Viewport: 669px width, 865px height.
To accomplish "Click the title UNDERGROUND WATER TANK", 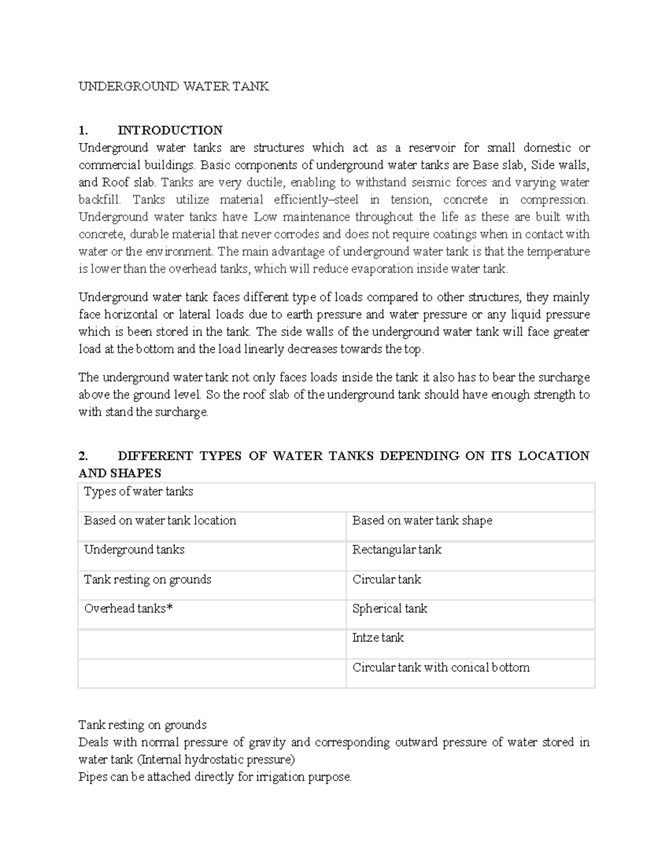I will pyautogui.click(x=173, y=86).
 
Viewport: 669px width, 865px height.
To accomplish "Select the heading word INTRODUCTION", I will pyautogui.click(x=170, y=130).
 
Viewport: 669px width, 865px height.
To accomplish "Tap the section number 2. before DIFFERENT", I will pyautogui.click(x=83, y=456).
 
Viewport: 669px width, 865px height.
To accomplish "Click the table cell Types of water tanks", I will pyautogui.click(x=138, y=491).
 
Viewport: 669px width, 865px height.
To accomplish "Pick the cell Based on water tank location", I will pyautogui.click(x=160, y=521).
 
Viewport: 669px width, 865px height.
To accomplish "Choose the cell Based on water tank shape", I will pyautogui.click(x=422, y=521).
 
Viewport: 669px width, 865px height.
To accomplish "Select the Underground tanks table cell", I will pyautogui.click(x=134, y=550).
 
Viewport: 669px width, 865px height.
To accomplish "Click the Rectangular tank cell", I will pyautogui.click(x=396, y=550).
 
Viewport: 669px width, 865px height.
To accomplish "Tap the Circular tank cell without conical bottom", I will pyautogui.click(x=386, y=579).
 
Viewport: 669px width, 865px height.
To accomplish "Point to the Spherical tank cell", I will pyautogui.click(x=390, y=609).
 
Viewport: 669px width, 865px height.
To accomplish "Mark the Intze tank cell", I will pyautogui.click(x=377, y=638).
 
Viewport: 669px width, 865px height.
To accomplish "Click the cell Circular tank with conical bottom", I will pyautogui.click(x=440, y=667).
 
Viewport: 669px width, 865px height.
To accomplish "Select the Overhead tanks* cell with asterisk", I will pyautogui.click(x=128, y=609).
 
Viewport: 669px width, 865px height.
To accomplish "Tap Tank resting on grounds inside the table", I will pyautogui.click(x=147, y=579).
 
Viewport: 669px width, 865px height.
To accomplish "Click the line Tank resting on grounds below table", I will pyautogui.click(x=142, y=725).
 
